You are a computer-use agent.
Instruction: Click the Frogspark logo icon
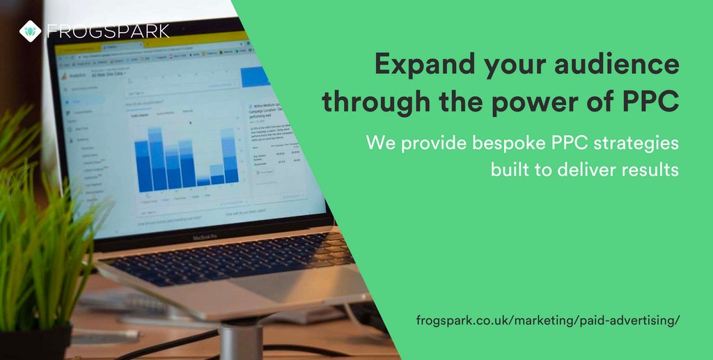click(x=30, y=31)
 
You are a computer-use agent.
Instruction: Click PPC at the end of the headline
click(x=648, y=102)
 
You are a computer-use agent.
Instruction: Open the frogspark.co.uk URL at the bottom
click(x=547, y=320)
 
